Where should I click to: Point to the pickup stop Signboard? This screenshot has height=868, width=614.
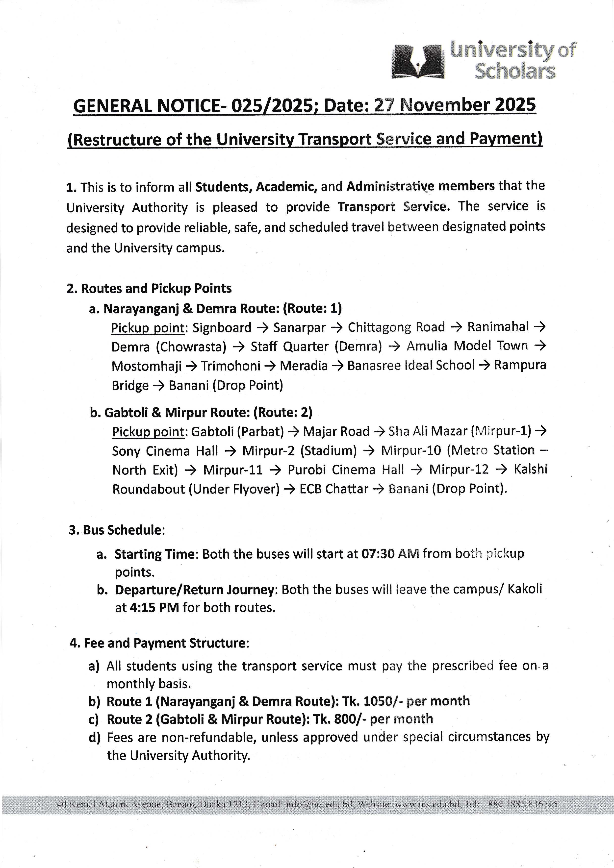(x=222, y=327)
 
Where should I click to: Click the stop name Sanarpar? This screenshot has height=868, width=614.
(x=299, y=327)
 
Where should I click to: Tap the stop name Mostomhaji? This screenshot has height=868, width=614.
(x=146, y=366)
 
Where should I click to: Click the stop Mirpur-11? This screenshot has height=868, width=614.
(x=232, y=470)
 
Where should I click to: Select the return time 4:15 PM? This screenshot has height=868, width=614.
(x=154, y=608)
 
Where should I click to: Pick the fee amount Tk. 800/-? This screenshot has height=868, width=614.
(x=339, y=719)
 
